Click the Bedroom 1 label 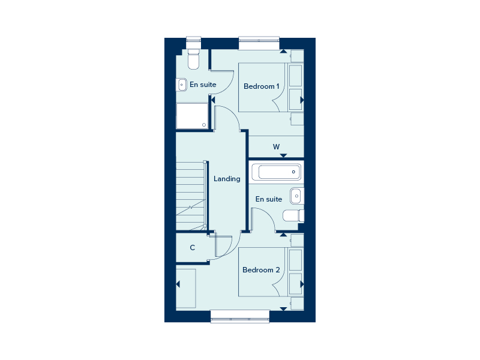[261, 86]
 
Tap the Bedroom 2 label [261, 270]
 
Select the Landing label [227, 179]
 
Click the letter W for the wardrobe [276, 147]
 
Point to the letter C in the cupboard [192, 248]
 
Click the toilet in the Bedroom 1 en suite [193, 59]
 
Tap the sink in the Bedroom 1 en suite [181, 85]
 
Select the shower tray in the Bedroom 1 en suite [192, 116]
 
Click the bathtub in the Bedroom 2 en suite [276, 172]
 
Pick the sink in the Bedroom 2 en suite [296, 196]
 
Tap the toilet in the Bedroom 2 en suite [293, 215]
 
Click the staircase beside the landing [191, 196]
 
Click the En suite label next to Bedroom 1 [203, 85]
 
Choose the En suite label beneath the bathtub [269, 199]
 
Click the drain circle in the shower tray [204, 125]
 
